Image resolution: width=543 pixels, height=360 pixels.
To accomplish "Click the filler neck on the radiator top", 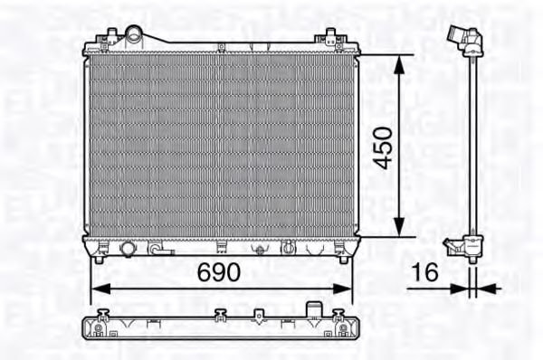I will tap(135, 35).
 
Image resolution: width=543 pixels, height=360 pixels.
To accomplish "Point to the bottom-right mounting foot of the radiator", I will tap(343, 259).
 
